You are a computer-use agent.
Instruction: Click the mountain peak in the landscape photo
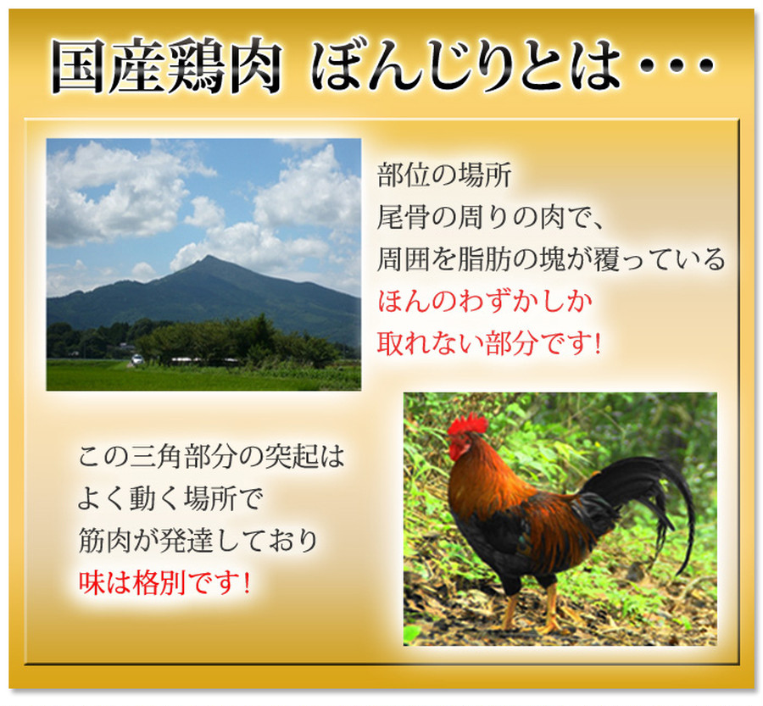pyautogui.click(x=209, y=258)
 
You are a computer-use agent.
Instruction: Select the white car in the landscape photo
pyautogui.click(x=137, y=359)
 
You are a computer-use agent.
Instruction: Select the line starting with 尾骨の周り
pyautogui.click(x=491, y=217)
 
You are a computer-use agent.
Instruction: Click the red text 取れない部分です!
pyautogui.click(x=489, y=343)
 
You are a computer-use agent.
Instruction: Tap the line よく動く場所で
pyautogui.click(x=170, y=498)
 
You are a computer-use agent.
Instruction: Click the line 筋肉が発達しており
pyautogui.click(x=198, y=541)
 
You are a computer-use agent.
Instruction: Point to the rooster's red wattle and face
pyautogui.click(x=459, y=445)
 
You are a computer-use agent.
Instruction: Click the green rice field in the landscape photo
pyautogui.click(x=203, y=376)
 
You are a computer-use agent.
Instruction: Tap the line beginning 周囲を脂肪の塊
pyautogui.click(x=551, y=259)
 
